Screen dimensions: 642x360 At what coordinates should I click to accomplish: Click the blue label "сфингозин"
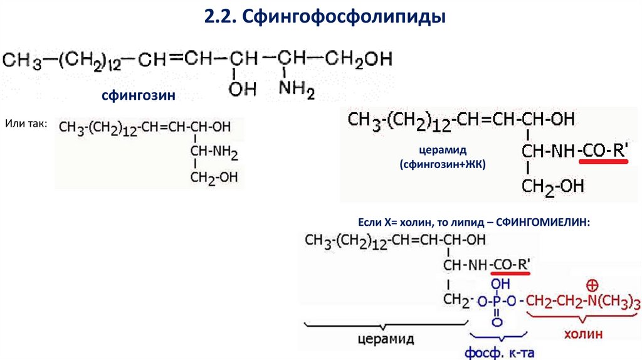point(138,96)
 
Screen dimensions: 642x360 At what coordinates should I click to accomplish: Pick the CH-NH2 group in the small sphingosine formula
point(214,152)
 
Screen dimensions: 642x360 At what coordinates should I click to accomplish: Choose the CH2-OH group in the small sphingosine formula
point(214,177)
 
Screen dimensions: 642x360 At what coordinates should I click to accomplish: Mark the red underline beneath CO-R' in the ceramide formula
point(603,161)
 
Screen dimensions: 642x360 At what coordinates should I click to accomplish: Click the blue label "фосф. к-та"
point(498,352)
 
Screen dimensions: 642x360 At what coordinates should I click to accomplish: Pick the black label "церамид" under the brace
point(386,339)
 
